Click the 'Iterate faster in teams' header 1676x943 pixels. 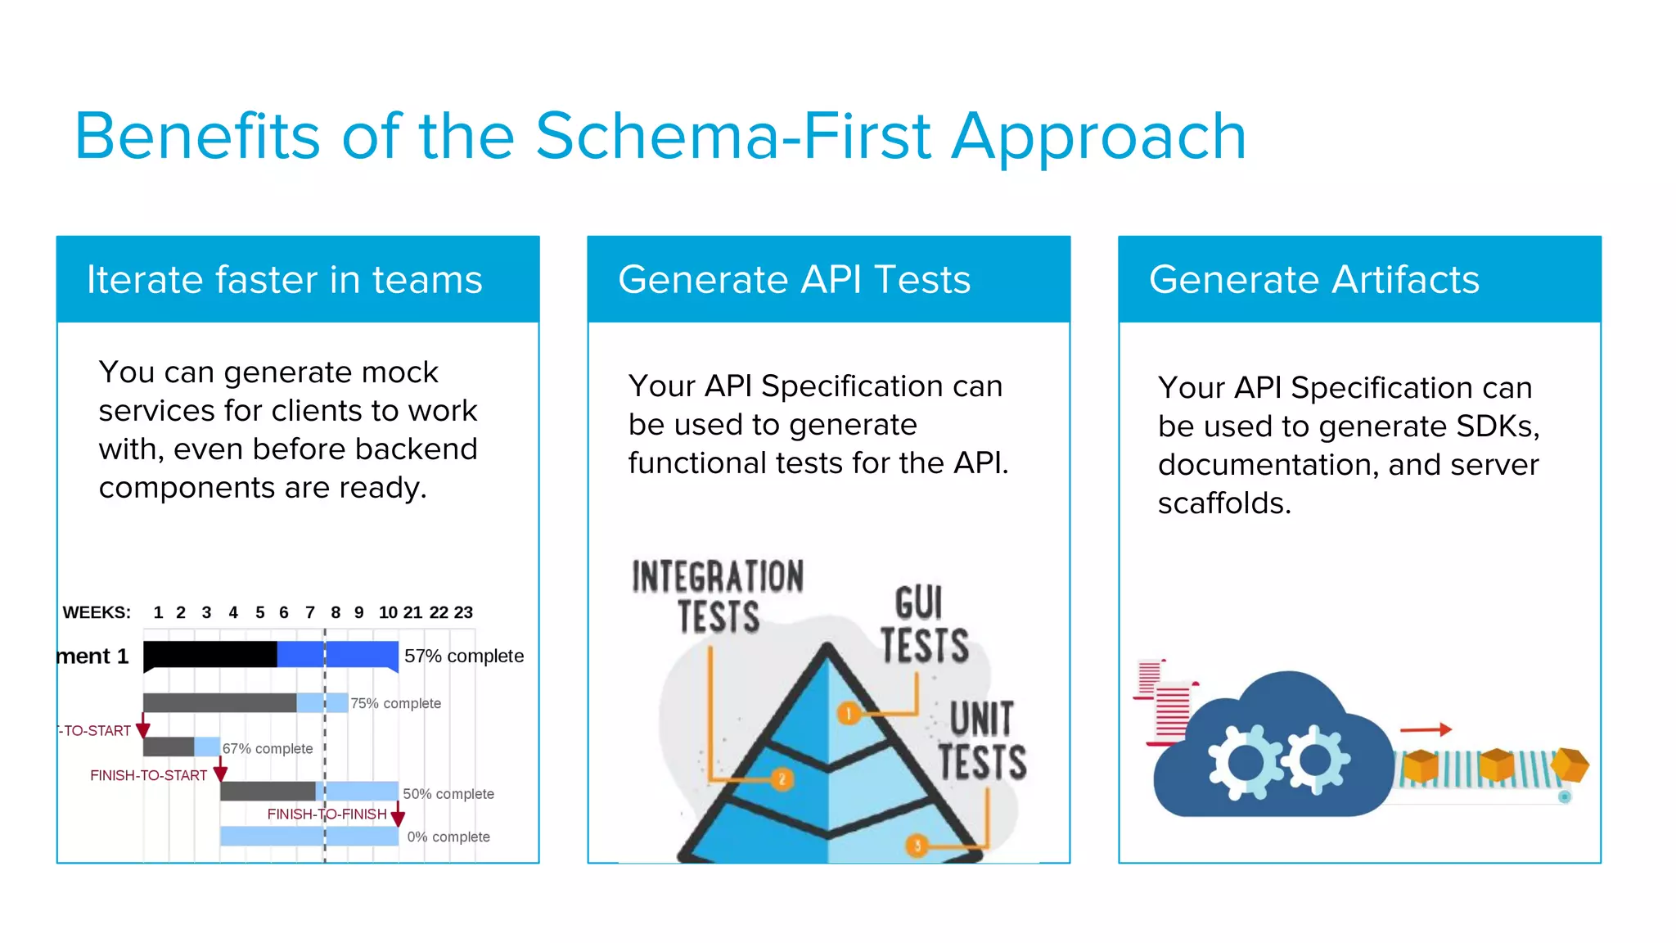coord(285,280)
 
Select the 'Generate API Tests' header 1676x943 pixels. coord(794,280)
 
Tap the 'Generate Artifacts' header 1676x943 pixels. coord(1313,280)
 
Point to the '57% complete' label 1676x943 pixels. coord(463,656)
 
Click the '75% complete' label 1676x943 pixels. coord(395,703)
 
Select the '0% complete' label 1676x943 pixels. coord(448,837)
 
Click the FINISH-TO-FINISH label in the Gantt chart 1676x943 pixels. coord(327,814)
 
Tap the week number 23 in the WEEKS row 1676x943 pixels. coord(463,612)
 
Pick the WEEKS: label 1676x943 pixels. coord(97,612)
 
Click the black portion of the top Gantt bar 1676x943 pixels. coord(209,655)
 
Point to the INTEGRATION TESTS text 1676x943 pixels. coord(718,596)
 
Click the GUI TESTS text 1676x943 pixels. coord(924,625)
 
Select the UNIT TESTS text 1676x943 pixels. coord(982,741)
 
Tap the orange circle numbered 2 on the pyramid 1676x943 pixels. coord(782,778)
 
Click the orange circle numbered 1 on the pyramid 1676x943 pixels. coord(849,713)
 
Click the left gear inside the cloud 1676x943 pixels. coord(1246,762)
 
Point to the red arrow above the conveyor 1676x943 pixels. coord(1426,729)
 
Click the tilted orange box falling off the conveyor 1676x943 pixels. coord(1570,765)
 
